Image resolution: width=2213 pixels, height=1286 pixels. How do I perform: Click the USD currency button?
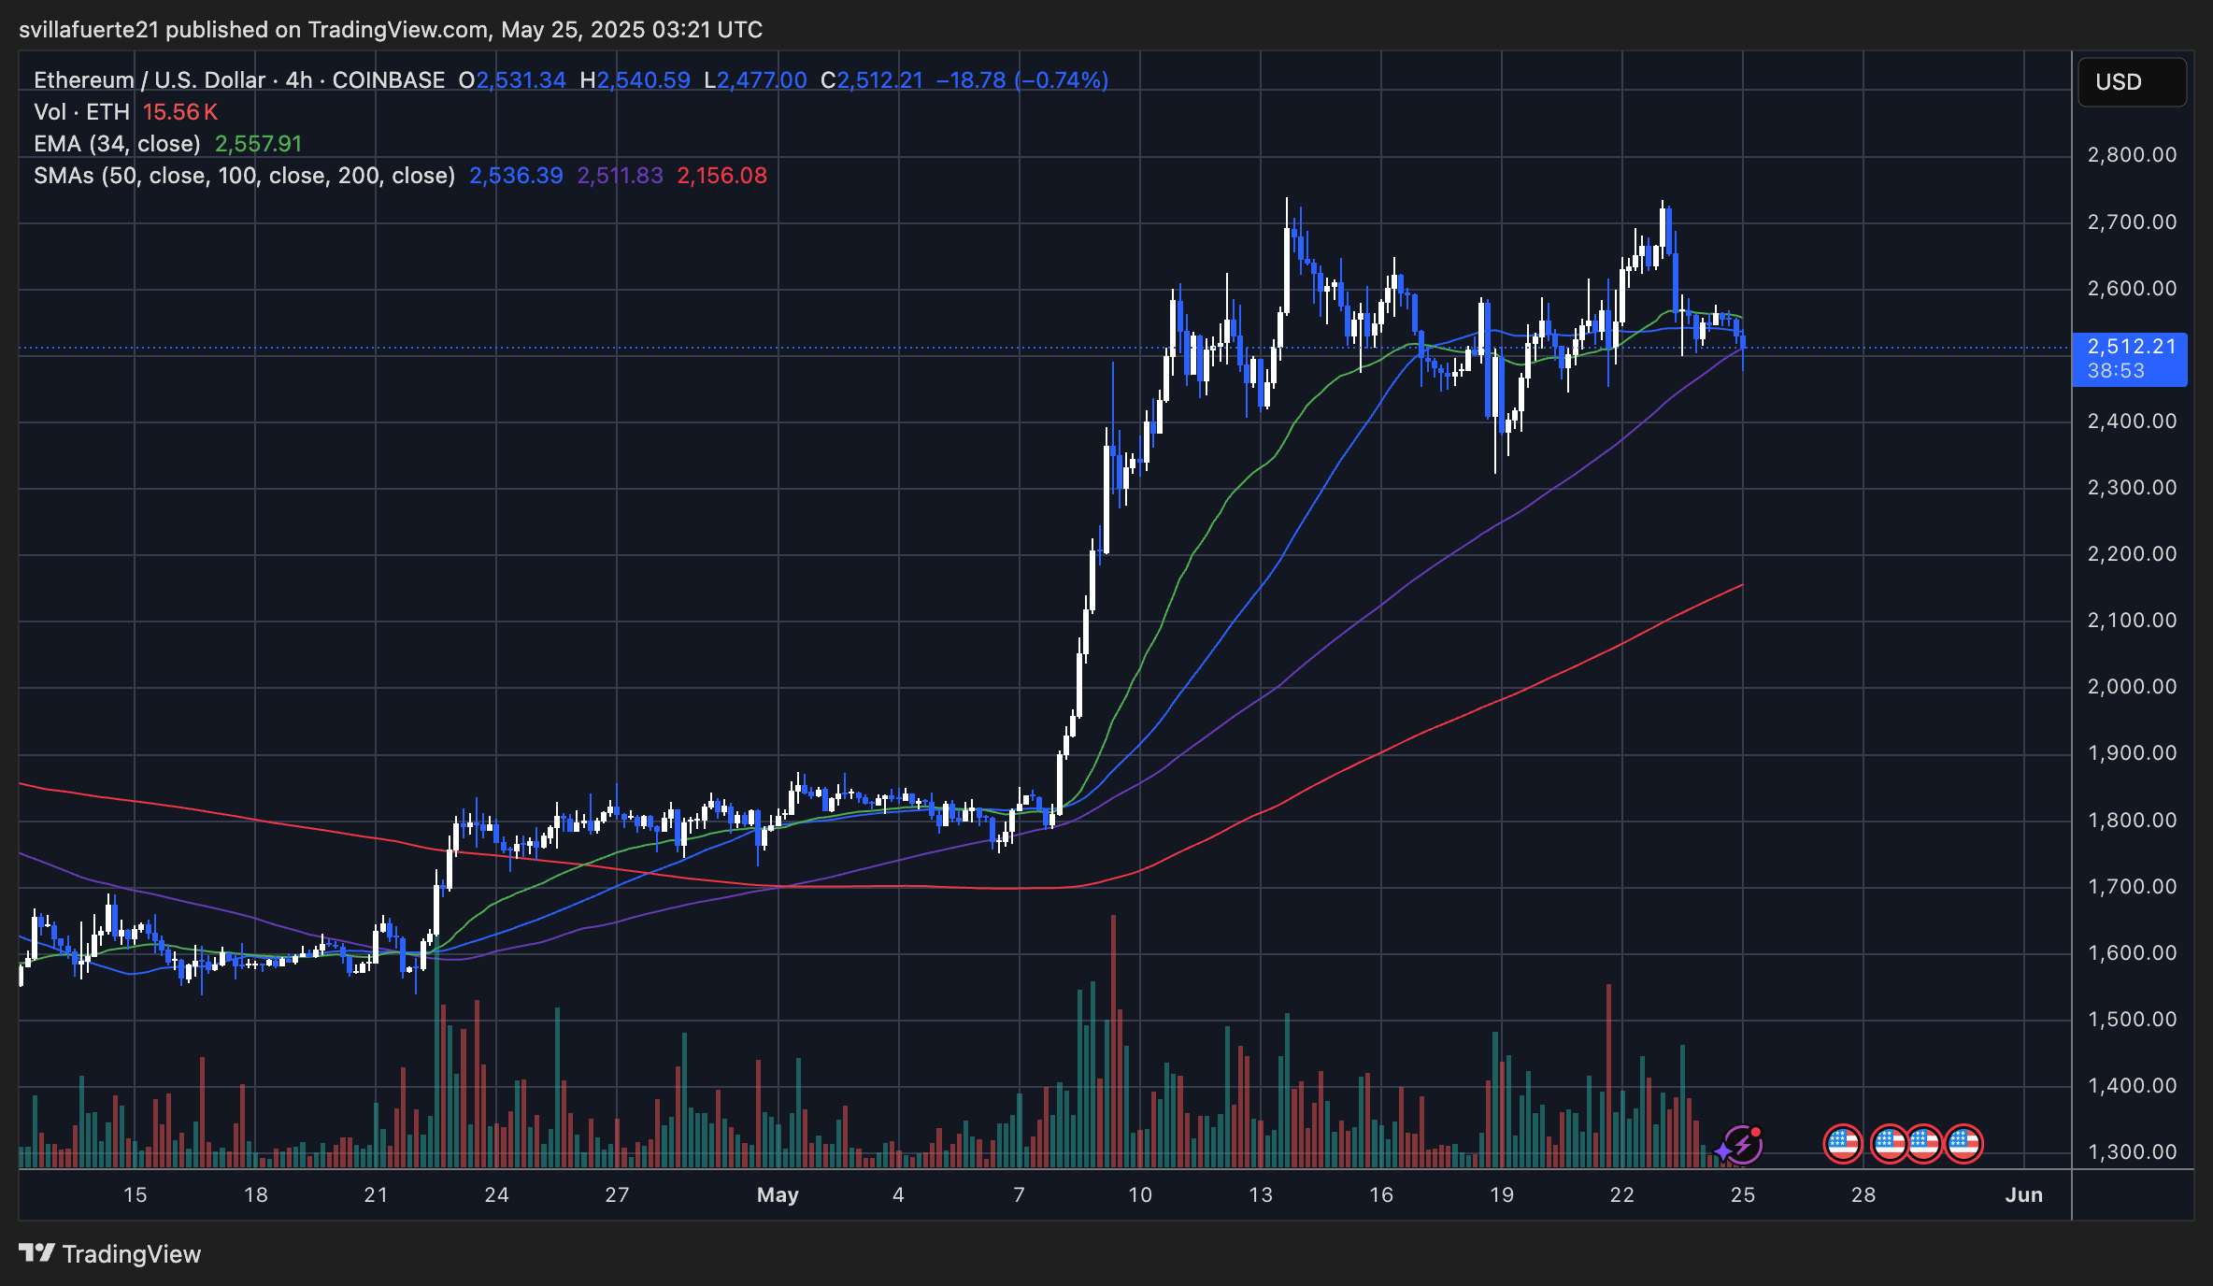pos(2131,82)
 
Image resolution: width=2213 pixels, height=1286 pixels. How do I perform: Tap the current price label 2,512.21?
pos(2131,347)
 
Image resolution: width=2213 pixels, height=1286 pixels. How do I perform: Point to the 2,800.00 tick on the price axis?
pos(2132,155)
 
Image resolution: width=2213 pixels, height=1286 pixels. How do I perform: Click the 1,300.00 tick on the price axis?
pos(2132,1152)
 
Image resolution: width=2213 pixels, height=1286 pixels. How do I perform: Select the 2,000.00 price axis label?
pos(2132,687)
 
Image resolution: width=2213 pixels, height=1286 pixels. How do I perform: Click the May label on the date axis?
pos(778,1194)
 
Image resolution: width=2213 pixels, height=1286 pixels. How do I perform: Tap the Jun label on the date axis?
pos(2023,1194)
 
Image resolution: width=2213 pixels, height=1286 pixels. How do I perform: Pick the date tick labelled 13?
pos(1260,1194)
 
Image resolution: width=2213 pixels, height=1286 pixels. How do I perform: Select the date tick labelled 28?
pos(1863,1194)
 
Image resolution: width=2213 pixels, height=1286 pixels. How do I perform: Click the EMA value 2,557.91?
pos(258,144)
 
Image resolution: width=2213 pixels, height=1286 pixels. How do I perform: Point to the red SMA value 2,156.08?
pos(721,176)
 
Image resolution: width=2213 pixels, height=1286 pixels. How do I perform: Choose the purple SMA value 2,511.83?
pos(620,176)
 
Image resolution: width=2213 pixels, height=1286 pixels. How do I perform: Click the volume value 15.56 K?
pos(179,112)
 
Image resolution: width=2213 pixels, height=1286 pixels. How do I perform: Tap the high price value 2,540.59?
pos(643,80)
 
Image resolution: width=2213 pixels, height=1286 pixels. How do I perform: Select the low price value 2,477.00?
pos(761,80)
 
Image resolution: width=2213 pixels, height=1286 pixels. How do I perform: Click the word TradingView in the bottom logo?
pos(131,1254)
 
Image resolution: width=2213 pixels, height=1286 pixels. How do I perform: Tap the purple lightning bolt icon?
pos(1742,1145)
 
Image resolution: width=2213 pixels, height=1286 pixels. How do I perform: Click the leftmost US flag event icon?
pos(1842,1143)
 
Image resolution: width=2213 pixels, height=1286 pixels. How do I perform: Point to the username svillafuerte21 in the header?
pos(89,30)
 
